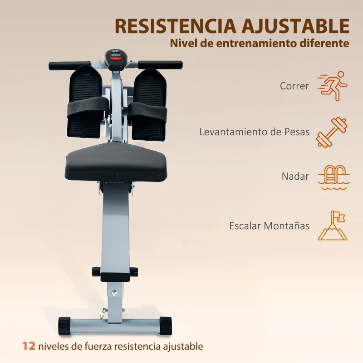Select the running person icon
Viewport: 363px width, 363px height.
(333, 86)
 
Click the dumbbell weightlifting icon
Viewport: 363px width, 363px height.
(332, 132)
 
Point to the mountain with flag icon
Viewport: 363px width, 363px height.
(333, 226)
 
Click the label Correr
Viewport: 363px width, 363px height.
(294, 86)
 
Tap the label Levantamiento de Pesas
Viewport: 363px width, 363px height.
(255, 132)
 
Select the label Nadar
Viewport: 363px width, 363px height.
(295, 177)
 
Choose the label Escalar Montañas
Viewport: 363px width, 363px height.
(270, 226)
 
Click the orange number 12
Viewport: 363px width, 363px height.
(29, 346)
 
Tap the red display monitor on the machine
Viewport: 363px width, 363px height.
(117, 58)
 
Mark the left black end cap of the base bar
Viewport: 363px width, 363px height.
(64, 326)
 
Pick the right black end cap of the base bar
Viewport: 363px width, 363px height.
(166, 326)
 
